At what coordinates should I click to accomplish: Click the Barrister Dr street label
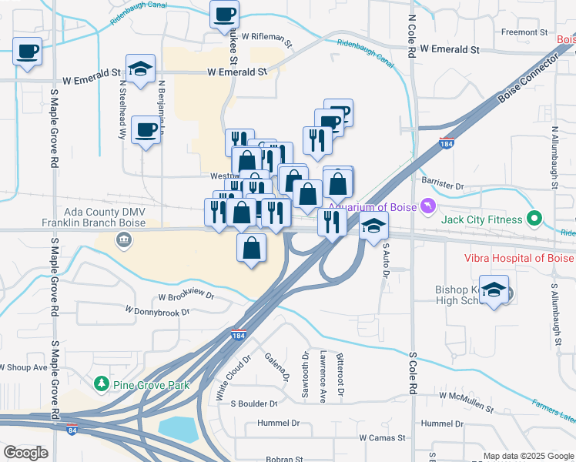point(443,186)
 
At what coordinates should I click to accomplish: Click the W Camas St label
point(382,438)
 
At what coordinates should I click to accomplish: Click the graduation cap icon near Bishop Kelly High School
point(494,290)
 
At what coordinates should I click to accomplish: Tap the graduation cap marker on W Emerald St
point(140,69)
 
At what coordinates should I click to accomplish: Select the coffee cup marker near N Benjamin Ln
point(146,129)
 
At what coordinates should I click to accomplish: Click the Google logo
point(25,453)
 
